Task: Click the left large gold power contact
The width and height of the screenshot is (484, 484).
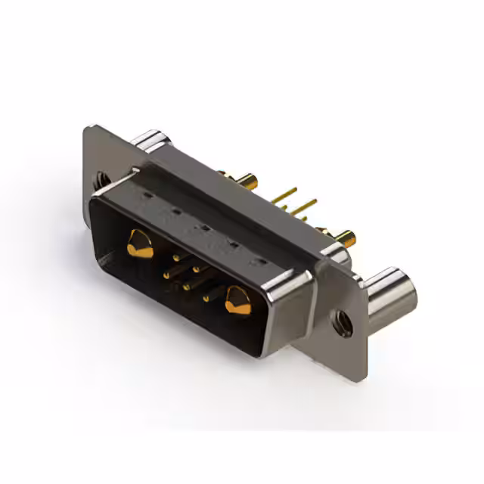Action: [139, 244]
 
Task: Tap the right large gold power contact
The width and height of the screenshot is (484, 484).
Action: [237, 302]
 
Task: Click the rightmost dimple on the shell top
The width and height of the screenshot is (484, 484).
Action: [261, 262]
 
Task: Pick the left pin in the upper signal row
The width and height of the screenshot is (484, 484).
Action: [176, 258]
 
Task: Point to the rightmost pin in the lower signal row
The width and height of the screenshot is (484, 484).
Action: [205, 299]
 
